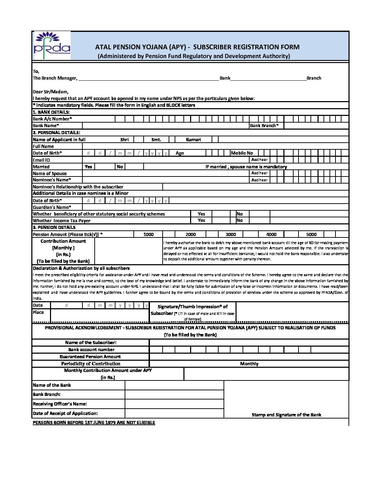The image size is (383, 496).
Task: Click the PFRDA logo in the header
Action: click(52, 46)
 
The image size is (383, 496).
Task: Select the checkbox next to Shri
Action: click(138, 139)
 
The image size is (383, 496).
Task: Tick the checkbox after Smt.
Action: click(172, 139)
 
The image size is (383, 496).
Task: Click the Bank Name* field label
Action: click(46, 125)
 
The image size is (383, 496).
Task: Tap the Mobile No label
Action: click(242, 153)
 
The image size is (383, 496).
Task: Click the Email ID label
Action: click(41, 160)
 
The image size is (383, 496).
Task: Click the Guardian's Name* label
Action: click(52, 207)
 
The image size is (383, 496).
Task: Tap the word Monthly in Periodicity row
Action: click(249, 364)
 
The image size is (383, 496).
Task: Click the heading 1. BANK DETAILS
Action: click(51, 112)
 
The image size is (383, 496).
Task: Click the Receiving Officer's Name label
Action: click(59, 404)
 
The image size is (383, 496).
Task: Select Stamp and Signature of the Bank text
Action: click(286, 415)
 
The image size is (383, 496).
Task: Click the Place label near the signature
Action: click(38, 312)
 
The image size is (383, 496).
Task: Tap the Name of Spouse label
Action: click(50, 173)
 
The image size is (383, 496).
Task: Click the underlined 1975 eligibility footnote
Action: click(94, 422)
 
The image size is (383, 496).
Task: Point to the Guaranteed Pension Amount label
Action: click(90, 356)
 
